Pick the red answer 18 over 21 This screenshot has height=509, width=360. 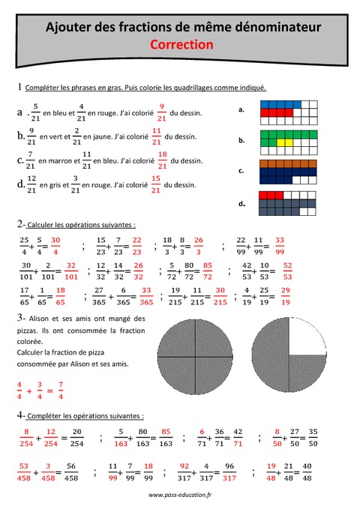point(162,160)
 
